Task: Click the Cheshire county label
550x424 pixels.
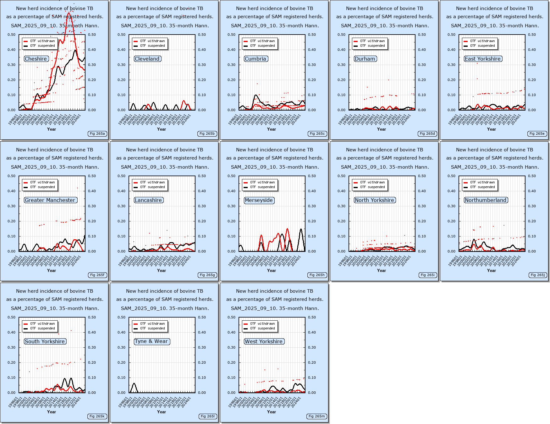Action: (36, 59)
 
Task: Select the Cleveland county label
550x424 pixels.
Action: (147, 59)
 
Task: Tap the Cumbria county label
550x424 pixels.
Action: (256, 59)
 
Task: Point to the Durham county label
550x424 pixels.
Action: (365, 59)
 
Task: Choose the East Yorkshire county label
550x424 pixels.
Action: (483, 59)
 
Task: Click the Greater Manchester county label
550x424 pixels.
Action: (50, 200)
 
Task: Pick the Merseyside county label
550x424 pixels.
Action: (259, 200)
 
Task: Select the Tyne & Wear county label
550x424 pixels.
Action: (152, 341)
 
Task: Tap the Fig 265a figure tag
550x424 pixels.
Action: (97, 134)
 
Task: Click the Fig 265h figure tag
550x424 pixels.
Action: (317, 275)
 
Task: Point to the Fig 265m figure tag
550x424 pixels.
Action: (317, 416)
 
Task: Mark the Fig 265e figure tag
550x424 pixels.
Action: (537, 134)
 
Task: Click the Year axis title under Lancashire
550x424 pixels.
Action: (162, 270)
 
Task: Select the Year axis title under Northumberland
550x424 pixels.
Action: (492, 270)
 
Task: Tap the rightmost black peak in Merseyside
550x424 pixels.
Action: (301, 229)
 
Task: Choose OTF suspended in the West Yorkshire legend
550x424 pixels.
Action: (262, 329)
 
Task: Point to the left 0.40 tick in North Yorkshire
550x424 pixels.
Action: (341, 191)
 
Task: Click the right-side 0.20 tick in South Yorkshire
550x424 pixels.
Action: (92, 362)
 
